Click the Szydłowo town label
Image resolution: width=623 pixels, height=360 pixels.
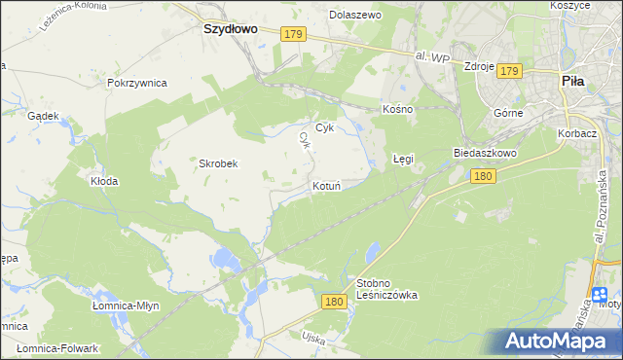(x=230, y=29)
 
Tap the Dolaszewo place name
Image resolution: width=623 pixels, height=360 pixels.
(x=355, y=16)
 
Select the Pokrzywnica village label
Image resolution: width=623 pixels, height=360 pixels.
(x=138, y=83)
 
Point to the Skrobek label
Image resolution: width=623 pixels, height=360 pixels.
(x=219, y=163)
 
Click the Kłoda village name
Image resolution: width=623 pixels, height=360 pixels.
(x=104, y=181)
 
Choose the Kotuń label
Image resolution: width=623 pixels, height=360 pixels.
(x=326, y=185)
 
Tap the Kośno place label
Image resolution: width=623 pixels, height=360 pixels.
(x=398, y=109)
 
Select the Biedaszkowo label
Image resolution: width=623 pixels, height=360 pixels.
(x=484, y=154)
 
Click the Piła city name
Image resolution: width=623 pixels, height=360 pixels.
(x=572, y=83)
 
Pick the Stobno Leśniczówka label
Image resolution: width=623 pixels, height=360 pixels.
(x=386, y=288)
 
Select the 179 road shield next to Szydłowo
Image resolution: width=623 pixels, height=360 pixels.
(x=294, y=35)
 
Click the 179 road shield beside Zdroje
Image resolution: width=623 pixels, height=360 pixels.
(x=510, y=70)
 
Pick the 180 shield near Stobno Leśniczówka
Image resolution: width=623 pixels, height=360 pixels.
(x=334, y=303)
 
